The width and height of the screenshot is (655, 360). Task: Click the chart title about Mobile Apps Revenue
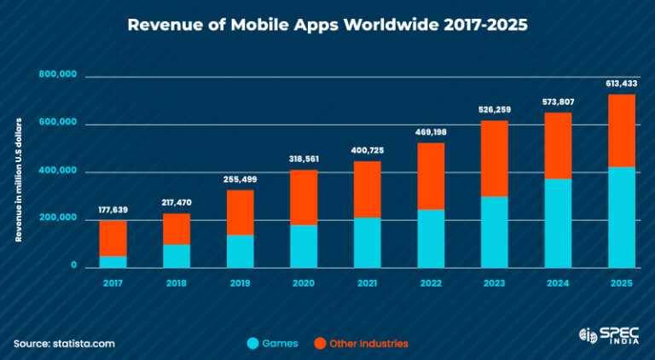327,25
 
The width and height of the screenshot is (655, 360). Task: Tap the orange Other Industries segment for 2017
113,238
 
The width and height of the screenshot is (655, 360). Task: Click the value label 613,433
622,84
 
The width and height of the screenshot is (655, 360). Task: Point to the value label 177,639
113,210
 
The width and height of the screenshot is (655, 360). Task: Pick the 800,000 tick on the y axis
58,75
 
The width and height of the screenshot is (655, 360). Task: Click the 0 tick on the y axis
73,267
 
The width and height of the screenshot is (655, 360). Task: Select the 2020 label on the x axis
303,282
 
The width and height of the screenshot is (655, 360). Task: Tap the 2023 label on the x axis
494,282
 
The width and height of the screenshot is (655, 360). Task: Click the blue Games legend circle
253,343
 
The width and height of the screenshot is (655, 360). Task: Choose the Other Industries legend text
368,343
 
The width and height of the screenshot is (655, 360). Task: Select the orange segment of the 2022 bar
431,176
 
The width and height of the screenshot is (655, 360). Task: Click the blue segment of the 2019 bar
240,251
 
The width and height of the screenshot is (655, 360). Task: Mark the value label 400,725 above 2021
367,150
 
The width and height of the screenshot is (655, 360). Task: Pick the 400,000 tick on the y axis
58,171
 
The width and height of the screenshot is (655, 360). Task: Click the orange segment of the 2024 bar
558,145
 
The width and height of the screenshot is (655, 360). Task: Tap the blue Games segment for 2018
177,256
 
